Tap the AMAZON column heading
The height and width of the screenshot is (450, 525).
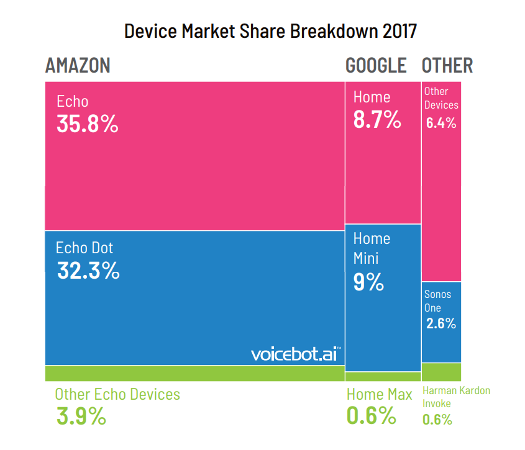pos(78,65)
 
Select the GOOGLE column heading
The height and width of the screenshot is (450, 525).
pos(376,65)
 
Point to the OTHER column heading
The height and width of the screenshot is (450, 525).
pos(447,65)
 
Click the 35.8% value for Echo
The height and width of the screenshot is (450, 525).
pos(87,124)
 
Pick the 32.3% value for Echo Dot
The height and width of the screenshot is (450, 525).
pos(88,271)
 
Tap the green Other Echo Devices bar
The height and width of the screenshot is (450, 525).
pos(194,372)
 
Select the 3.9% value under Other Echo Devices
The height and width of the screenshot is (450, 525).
pos(81,416)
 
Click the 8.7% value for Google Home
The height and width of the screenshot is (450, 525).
pos(377,119)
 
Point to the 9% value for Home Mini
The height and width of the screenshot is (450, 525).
pos(368,282)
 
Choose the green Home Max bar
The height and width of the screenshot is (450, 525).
pos(383,376)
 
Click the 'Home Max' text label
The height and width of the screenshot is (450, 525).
pos(379,395)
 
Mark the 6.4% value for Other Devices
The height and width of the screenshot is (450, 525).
pos(441,122)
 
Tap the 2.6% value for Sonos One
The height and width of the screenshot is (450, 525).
pos(441,323)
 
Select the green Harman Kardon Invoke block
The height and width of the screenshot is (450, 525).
pos(441,371)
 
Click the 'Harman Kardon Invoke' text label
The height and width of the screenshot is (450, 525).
pos(456,397)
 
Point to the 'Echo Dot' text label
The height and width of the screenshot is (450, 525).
pos(84,248)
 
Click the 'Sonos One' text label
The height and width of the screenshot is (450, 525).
pos(437,300)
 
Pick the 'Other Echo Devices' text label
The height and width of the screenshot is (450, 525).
pos(117,394)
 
